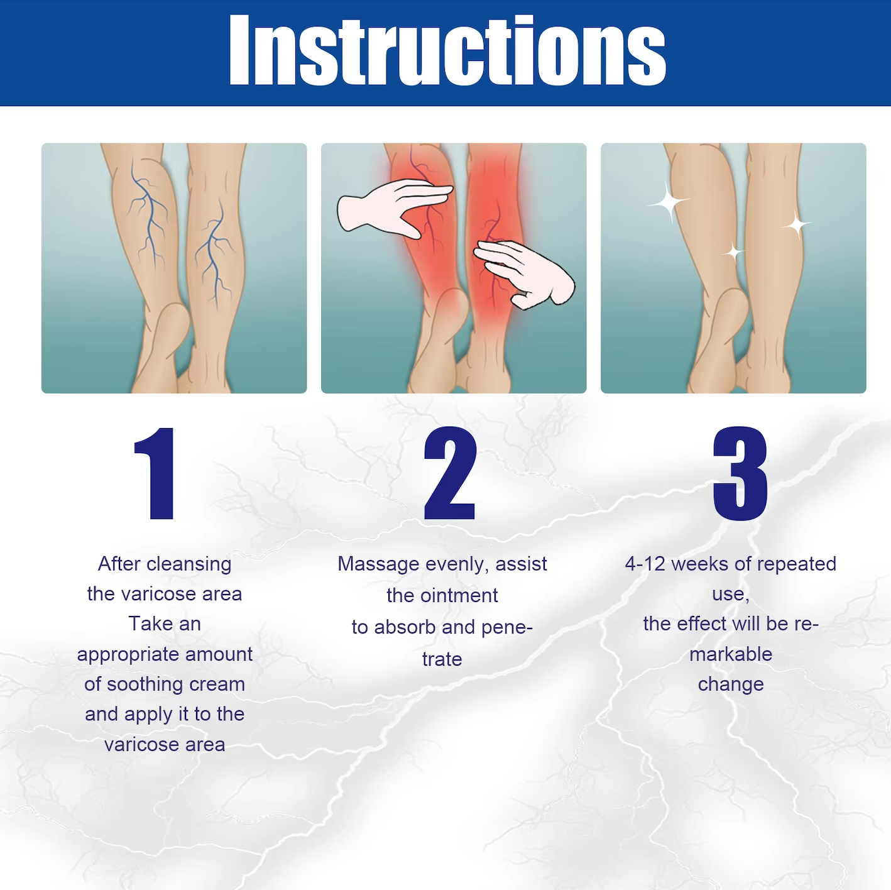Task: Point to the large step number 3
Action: pyautogui.click(x=740, y=473)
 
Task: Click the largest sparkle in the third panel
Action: pyautogui.click(x=668, y=202)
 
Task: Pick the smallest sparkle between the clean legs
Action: pyautogui.click(x=733, y=253)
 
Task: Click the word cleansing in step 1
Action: pyautogui.click(x=189, y=564)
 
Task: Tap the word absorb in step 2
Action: pyautogui.click(x=405, y=627)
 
